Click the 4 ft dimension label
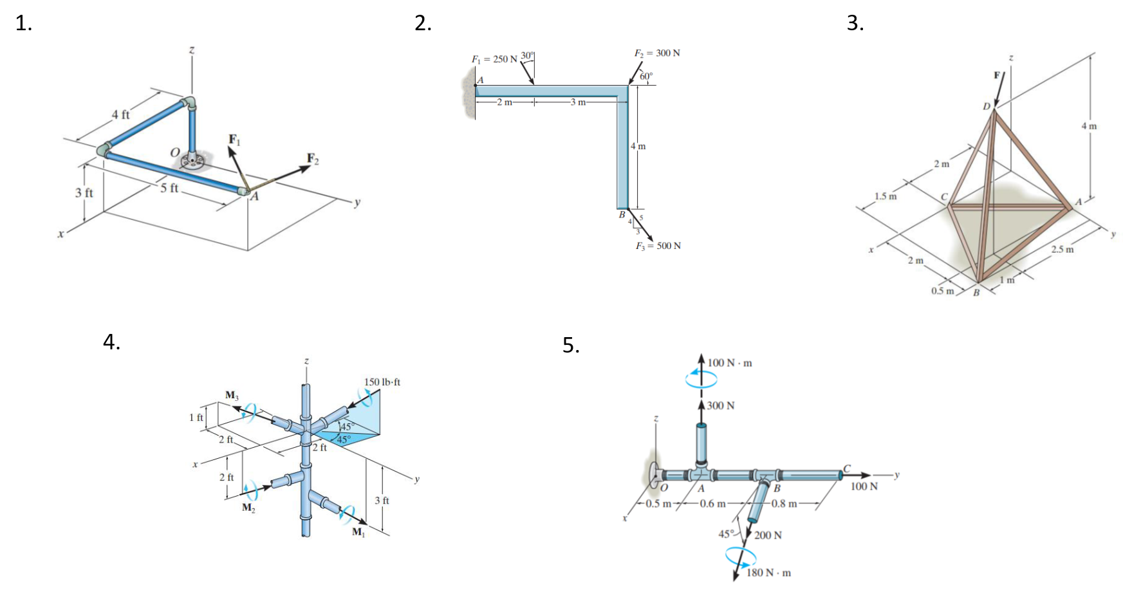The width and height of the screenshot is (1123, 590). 120,115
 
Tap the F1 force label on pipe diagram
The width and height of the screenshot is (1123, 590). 234,140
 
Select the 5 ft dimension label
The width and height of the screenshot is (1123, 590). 169,188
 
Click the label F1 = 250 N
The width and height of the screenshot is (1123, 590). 494,59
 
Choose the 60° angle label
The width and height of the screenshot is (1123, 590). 645,76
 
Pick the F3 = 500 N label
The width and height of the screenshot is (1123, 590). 658,246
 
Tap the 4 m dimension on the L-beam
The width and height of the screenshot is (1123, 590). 638,146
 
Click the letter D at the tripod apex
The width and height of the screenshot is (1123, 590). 987,106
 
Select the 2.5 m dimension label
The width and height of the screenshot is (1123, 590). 1061,249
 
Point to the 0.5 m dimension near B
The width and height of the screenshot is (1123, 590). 942,291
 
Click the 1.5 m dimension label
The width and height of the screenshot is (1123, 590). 886,196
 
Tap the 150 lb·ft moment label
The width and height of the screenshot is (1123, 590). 382,382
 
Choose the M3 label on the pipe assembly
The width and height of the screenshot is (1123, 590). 232,394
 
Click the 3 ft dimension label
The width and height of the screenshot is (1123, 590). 382,500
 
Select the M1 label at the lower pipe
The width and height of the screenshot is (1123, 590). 358,532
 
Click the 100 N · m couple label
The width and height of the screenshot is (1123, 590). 730,363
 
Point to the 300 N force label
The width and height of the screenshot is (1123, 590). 721,406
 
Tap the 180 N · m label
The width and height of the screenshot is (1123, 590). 768,572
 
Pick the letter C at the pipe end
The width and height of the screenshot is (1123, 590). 847,468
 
